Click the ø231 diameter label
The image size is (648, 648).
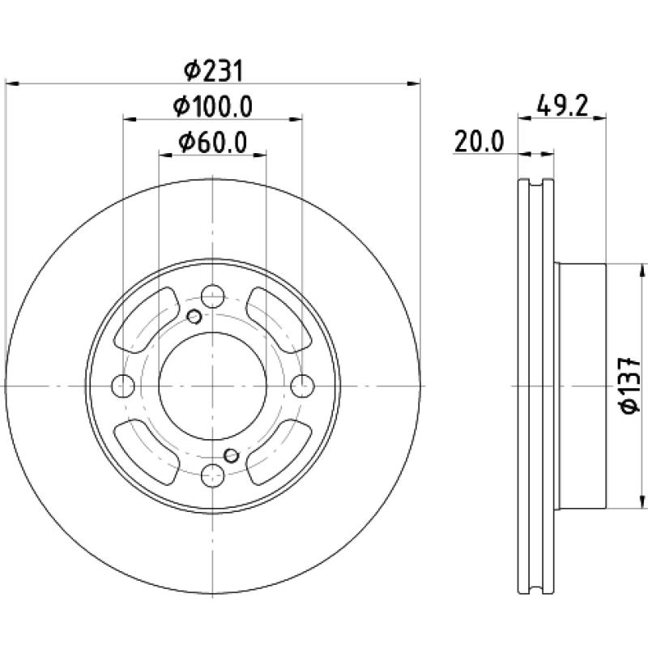coord(214,70)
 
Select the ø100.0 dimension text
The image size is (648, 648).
coord(213,107)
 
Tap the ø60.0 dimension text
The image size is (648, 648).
coord(213,143)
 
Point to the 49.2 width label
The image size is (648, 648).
coord(562,106)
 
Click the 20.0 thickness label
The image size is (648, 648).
coord(480,142)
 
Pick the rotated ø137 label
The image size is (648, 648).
coord(630,386)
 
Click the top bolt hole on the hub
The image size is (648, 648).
coord(212,296)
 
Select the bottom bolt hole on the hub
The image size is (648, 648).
coord(212,475)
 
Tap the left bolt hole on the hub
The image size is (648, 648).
coord(123,386)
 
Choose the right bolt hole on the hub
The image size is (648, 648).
coord(302,386)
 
